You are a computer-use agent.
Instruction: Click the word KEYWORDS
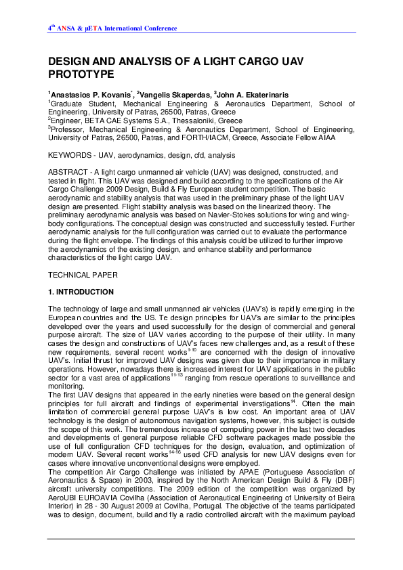point(70,156)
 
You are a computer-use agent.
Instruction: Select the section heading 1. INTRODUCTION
point(81,292)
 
